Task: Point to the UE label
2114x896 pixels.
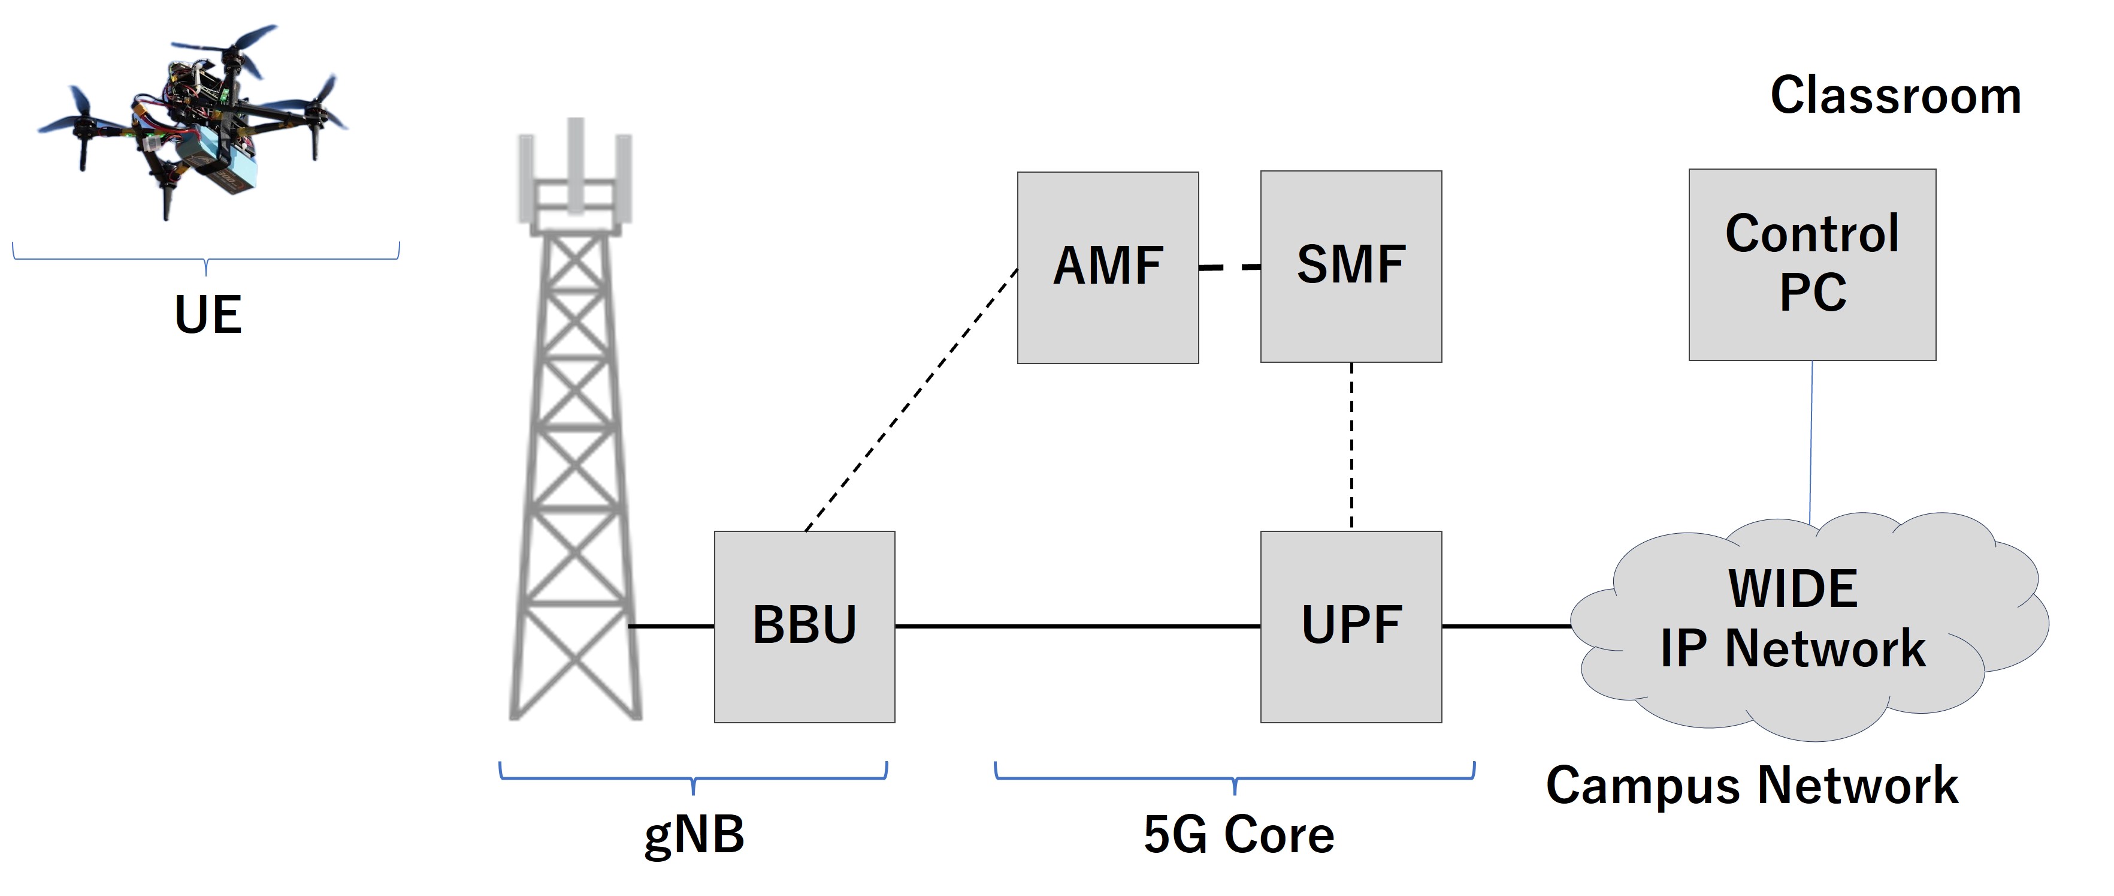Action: (x=208, y=314)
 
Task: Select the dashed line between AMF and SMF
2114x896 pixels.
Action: (x=1229, y=267)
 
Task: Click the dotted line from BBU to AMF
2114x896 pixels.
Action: (x=911, y=400)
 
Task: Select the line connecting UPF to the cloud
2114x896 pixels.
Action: (x=1506, y=626)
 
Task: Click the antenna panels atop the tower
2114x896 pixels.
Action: (x=575, y=173)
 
